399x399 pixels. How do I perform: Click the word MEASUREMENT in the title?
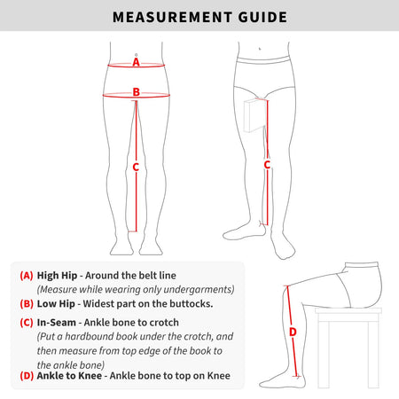(x=172, y=17)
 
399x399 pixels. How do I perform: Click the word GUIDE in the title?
(x=262, y=17)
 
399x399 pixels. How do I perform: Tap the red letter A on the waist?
(x=136, y=62)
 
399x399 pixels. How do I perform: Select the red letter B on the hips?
(x=137, y=92)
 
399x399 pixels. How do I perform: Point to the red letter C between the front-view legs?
(x=136, y=168)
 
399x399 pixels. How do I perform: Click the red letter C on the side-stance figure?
(x=267, y=165)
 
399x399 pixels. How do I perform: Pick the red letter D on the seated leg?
(x=293, y=332)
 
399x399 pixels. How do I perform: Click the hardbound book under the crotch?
(x=254, y=115)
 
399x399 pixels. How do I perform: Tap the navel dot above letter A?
(x=136, y=55)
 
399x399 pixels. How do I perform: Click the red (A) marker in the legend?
(x=27, y=276)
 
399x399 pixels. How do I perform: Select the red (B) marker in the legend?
(x=27, y=304)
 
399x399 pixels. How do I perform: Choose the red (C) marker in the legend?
(x=27, y=322)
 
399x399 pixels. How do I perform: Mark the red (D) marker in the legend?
(x=27, y=376)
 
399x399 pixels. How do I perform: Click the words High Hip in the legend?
(x=57, y=276)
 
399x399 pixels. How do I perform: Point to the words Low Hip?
(x=56, y=304)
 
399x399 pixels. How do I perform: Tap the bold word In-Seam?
(x=57, y=322)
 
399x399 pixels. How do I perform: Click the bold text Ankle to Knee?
(x=69, y=376)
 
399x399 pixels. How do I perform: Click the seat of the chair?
(x=348, y=310)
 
